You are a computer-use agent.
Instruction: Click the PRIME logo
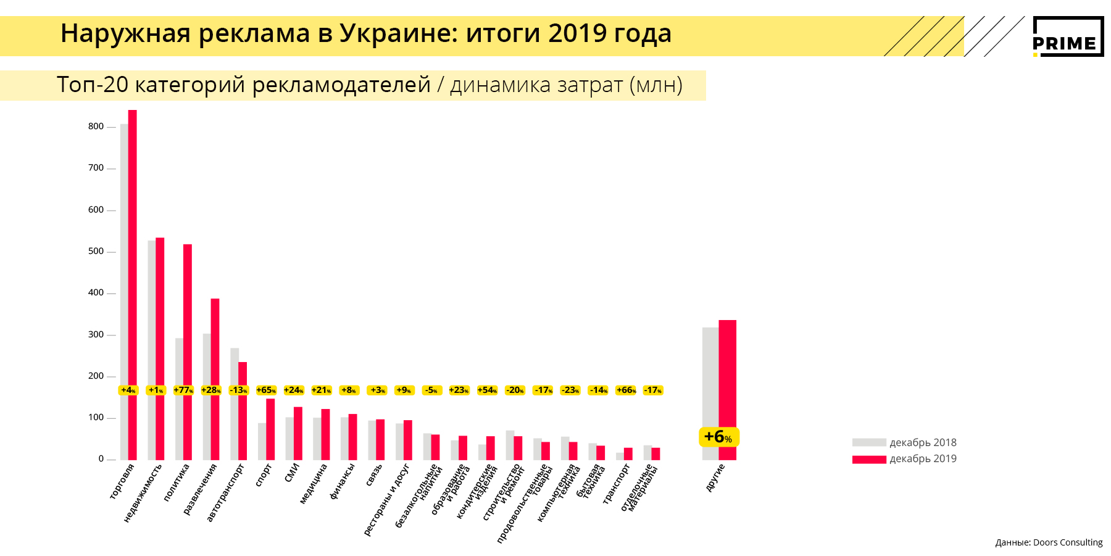click(x=1068, y=37)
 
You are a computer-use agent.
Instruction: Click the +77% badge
click(x=183, y=390)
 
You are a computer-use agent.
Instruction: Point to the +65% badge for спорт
click(x=266, y=390)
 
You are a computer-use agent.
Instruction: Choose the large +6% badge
click(x=718, y=437)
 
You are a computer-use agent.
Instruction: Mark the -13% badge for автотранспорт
click(x=239, y=390)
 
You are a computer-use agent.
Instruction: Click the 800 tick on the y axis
click(x=96, y=127)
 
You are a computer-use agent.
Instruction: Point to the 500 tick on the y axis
click(x=96, y=251)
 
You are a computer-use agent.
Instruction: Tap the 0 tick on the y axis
click(x=101, y=459)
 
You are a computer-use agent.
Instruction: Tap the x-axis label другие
click(x=715, y=478)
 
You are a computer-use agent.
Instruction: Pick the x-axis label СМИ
click(x=292, y=473)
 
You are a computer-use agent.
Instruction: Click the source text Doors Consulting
click(x=1067, y=542)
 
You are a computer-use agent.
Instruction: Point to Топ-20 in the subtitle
click(x=92, y=85)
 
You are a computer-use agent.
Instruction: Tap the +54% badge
click(x=487, y=390)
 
